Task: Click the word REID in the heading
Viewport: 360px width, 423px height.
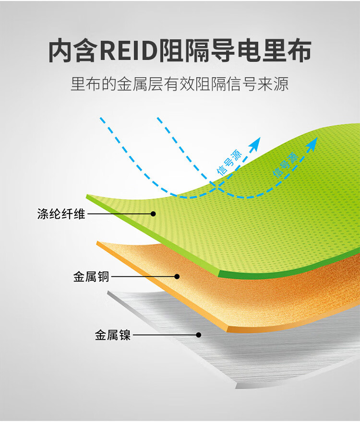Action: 128,51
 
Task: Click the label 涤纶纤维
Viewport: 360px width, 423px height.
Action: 61,214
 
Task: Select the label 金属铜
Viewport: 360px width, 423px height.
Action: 91,277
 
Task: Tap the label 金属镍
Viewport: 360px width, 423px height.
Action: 113,335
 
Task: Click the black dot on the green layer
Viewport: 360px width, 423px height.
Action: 153,214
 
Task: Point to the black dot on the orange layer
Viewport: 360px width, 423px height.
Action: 177,277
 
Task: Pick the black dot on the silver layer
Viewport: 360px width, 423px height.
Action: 199,335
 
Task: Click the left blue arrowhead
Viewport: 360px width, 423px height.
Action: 255,143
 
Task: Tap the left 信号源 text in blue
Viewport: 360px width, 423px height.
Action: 229,163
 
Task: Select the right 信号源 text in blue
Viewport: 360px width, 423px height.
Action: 285,164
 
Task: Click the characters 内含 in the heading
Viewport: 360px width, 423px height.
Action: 73,51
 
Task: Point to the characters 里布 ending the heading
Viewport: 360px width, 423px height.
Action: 287,51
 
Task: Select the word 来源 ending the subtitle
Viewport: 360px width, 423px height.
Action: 273,84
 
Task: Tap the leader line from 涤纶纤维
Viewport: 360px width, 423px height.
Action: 120,214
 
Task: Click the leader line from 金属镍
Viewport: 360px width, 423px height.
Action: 165,335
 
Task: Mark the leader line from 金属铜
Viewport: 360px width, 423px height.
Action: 143,277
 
